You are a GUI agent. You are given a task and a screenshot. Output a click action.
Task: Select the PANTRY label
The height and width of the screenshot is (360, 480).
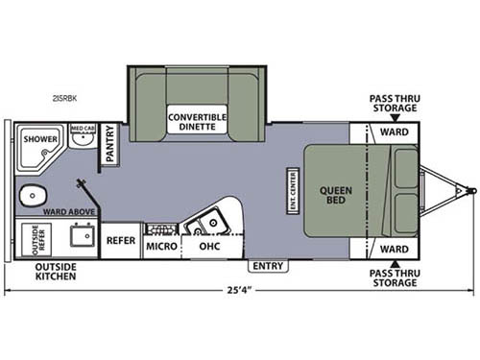tap(109, 145)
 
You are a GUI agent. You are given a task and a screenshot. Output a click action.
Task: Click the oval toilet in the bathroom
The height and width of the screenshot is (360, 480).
tap(32, 198)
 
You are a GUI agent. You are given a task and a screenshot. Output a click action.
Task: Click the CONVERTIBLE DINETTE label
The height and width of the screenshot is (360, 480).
tap(197, 121)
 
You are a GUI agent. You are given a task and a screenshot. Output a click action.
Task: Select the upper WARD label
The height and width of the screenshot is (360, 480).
tap(392, 132)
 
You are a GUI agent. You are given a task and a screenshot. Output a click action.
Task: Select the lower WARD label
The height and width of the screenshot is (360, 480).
tap(392, 249)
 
